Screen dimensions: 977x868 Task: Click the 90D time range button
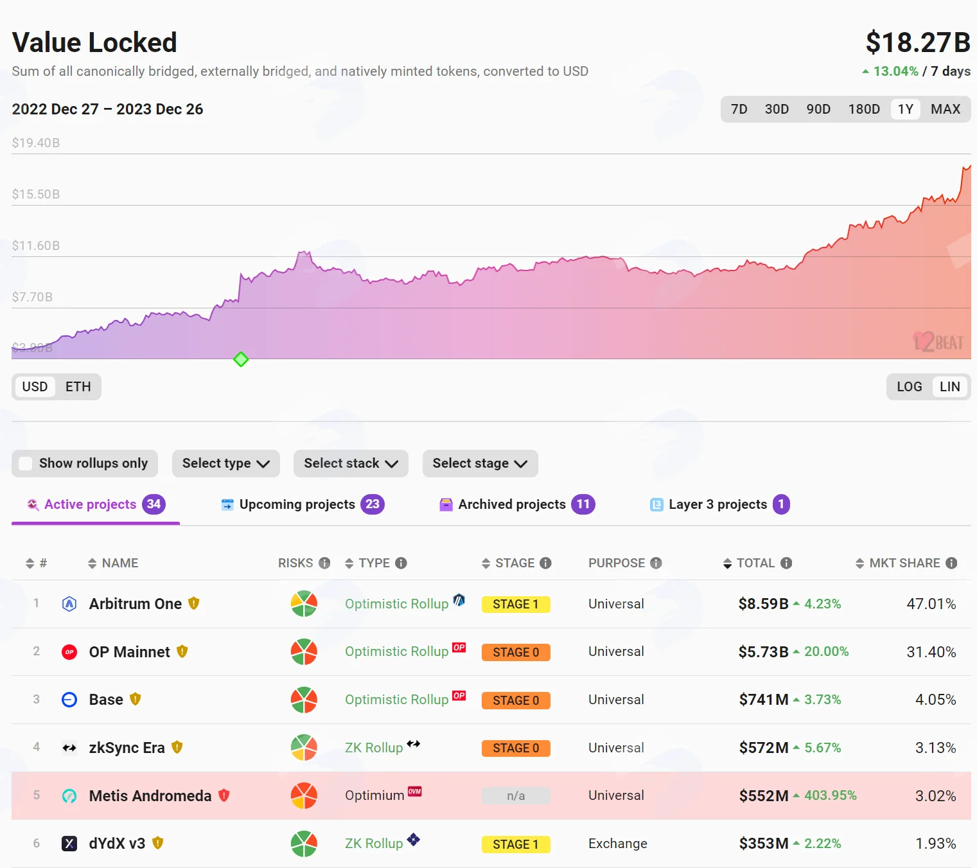(818, 109)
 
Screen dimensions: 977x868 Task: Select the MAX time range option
(945, 109)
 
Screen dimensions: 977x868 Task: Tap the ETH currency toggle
(78, 387)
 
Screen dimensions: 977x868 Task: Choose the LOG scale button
(909, 387)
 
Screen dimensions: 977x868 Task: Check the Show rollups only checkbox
(25, 463)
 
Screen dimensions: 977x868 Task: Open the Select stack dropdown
(351, 463)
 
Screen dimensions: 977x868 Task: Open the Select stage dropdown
(480, 463)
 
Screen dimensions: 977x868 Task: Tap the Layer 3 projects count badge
(780, 504)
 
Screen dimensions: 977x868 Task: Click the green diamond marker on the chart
(241, 359)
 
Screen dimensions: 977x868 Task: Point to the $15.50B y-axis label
(36, 194)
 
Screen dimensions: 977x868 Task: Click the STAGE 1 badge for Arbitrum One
(516, 603)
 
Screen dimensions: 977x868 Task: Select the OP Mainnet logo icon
(69, 652)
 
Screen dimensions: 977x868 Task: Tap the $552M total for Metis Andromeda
(763, 795)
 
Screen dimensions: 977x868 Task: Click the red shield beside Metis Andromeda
(224, 795)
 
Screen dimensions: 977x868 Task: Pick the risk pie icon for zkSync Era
(304, 747)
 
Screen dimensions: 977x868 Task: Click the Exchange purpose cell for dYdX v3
(618, 843)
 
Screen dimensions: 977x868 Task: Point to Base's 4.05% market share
(935, 699)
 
